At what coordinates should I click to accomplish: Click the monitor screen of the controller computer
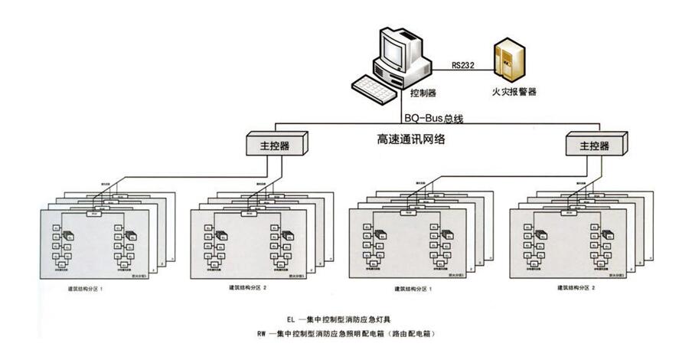pyautogui.click(x=397, y=53)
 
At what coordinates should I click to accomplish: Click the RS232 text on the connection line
pyautogui.click(x=462, y=66)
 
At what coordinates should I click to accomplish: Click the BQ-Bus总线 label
pyautogui.click(x=434, y=119)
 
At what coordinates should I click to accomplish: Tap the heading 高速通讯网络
pyautogui.click(x=412, y=139)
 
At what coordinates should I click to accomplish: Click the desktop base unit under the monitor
pyautogui.click(x=412, y=77)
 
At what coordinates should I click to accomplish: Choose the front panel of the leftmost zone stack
pyautogui.click(x=90, y=244)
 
